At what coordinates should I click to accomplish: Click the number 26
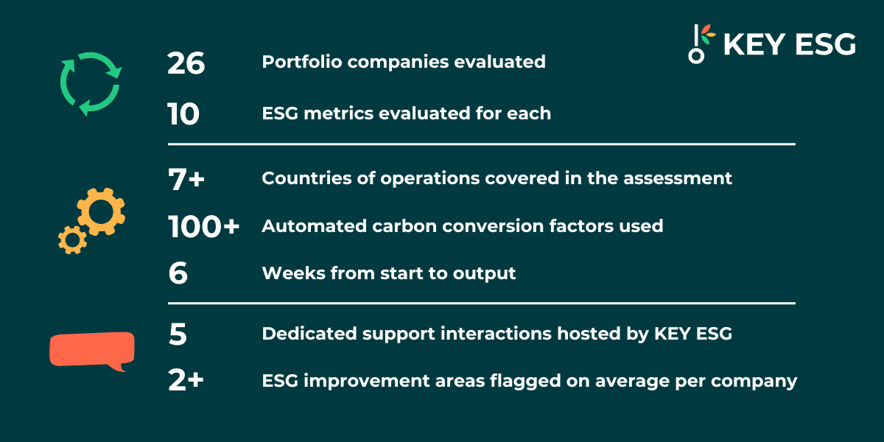pyautogui.click(x=186, y=63)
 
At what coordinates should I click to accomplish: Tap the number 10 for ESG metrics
pyautogui.click(x=183, y=114)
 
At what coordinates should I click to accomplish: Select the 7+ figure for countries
pyautogui.click(x=186, y=179)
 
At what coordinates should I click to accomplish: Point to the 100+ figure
pyautogui.click(x=203, y=227)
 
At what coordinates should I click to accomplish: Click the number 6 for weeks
pyautogui.click(x=178, y=273)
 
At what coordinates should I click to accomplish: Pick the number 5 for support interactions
pyautogui.click(x=178, y=334)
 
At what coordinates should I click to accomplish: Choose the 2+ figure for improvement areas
pyautogui.click(x=186, y=380)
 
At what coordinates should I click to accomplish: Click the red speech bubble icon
pyautogui.click(x=92, y=350)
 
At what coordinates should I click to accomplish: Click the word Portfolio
pyautogui.click(x=302, y=62)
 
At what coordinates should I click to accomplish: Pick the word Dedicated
pyautogui.click(x=309, y=334)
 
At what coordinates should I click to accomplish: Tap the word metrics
pyautogui.click(x=338, y=113)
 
